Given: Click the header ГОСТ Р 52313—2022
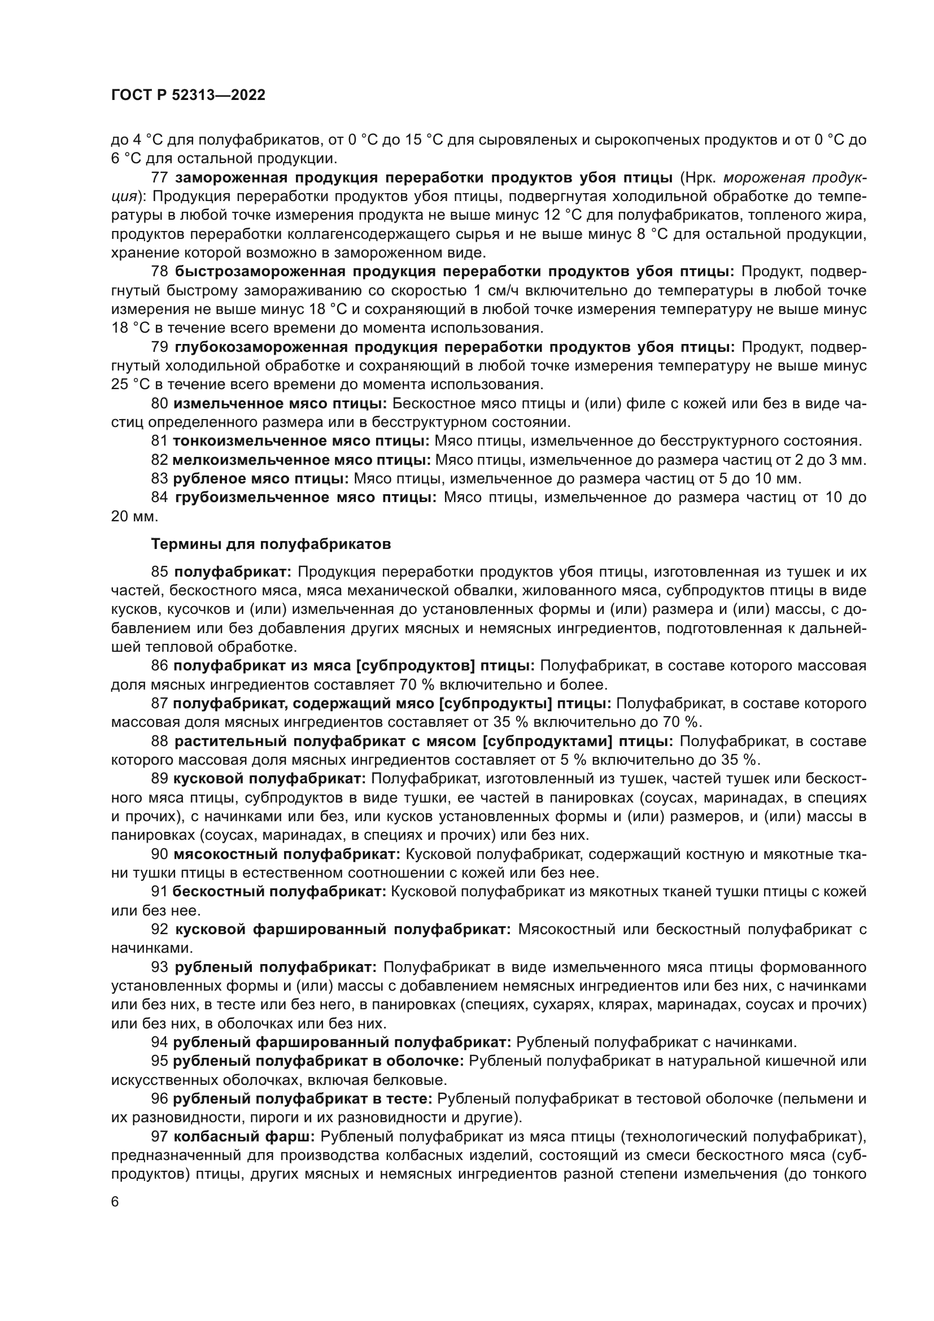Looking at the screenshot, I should tap(188, 95).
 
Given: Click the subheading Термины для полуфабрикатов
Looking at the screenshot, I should tap(270, 544).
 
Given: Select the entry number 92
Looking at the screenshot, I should tap(159, 929).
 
